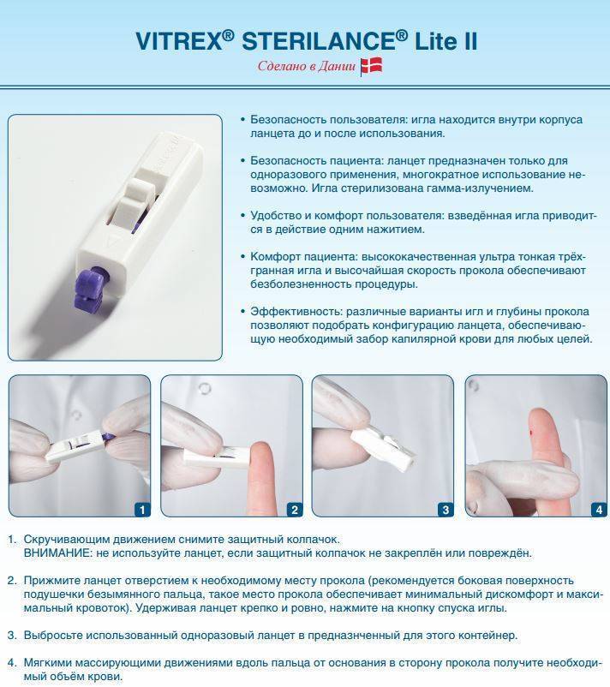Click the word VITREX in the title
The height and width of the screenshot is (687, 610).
point(180,41)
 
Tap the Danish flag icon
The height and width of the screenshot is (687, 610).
point(371,67)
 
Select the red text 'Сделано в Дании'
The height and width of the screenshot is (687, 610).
point(307,66)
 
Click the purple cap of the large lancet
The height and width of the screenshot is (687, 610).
point(92,289)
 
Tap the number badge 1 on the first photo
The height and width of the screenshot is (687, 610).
point(141,509)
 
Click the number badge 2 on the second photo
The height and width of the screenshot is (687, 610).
point(294,509)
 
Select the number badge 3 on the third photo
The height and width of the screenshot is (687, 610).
point(446,509)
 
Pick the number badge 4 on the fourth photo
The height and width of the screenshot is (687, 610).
point(599,509)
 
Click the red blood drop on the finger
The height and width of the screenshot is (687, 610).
point(532,433)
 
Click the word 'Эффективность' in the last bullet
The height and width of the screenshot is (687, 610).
point(296,312)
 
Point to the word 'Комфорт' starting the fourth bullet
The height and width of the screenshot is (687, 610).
point(276,257)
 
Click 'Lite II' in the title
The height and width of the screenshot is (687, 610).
point(446,41)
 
